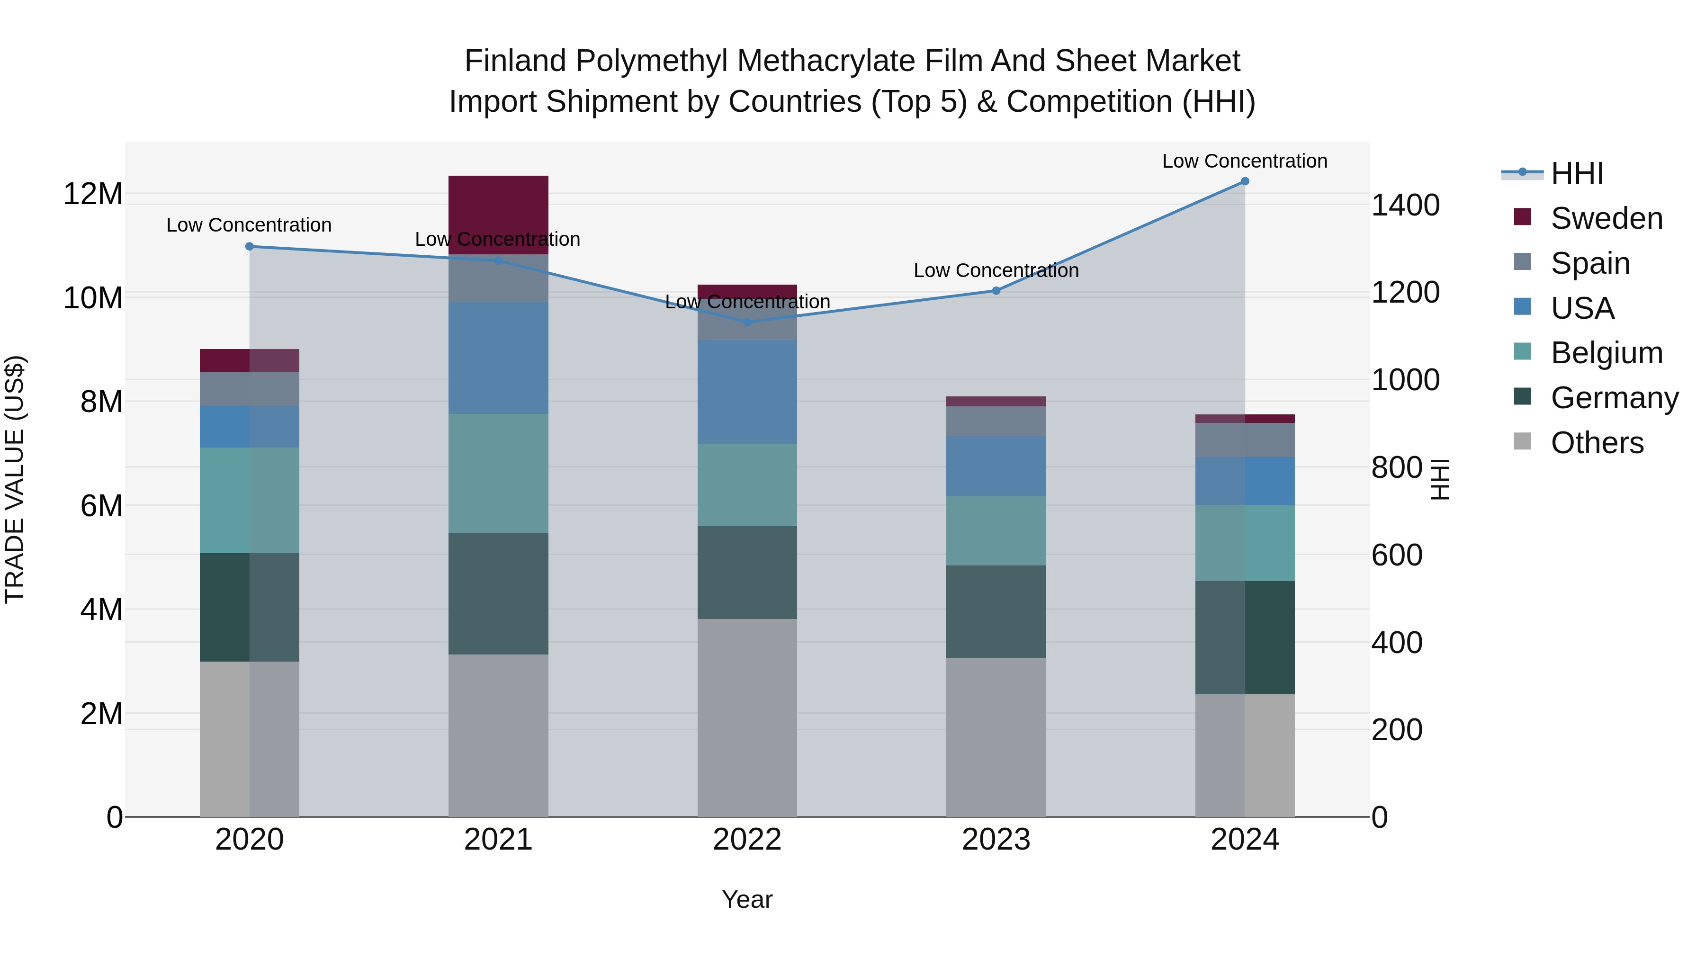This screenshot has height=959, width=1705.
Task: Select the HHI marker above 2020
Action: [250, 246]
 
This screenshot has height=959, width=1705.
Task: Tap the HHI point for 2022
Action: [747, 323]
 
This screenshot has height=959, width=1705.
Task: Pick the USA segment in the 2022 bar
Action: [747, 392]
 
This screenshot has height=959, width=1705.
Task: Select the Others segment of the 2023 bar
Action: [996, 736]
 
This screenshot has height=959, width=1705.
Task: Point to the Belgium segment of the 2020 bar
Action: [250, 501]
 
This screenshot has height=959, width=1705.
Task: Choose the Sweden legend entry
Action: [1606, 218]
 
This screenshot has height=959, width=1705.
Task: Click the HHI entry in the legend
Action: [1577, 173]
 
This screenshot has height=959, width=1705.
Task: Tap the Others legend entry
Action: [1597, 443]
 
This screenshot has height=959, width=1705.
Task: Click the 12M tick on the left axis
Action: [93, 194]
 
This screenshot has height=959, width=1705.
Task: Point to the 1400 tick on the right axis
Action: [1405, 205]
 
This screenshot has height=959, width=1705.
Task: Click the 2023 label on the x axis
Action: [996, 840]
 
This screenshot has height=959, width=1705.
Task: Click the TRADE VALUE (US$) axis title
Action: [15, 479]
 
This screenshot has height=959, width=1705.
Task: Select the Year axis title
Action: [747, 899]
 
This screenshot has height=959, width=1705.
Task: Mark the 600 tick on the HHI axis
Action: [1397, 556]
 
